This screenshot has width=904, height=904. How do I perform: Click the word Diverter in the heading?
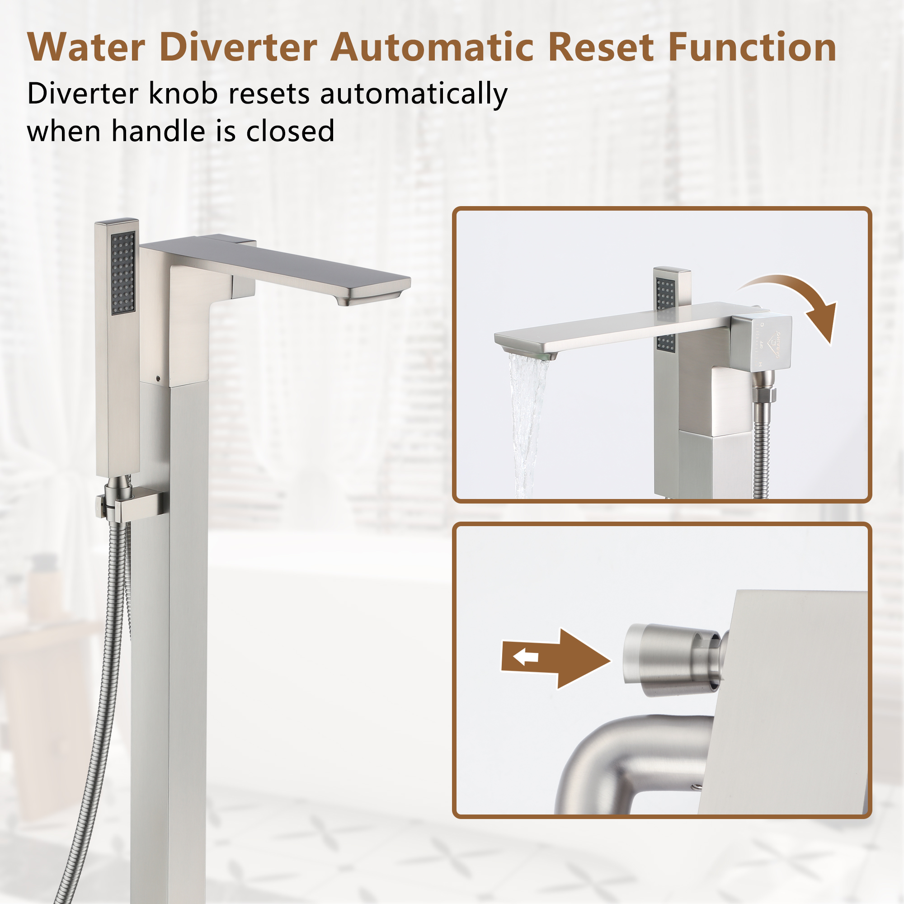coord(238,48)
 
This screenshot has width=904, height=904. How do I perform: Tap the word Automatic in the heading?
coord(431,48)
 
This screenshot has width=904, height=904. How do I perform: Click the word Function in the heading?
coord(752,48)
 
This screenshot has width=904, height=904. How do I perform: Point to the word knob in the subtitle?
coord(184,94)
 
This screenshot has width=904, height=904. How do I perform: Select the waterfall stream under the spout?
coord(526,421)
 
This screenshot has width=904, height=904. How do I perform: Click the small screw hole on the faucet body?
coord(158,377)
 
